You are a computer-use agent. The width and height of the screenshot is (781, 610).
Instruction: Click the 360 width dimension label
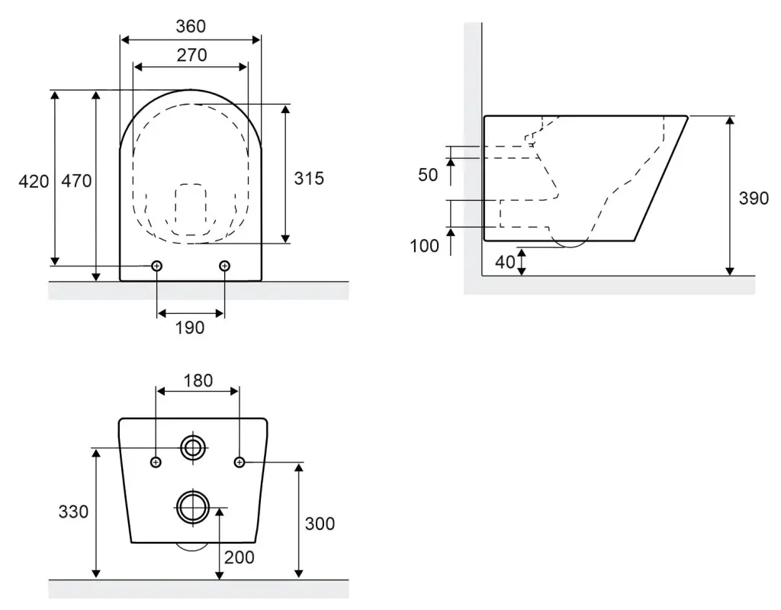(x=191, y=27)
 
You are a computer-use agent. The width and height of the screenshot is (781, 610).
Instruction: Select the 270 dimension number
(x=191, y=56)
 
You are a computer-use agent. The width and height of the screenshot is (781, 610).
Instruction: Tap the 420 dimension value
(x=34, y=182)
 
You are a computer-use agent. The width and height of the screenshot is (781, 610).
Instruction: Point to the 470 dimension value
(x=77, y=180)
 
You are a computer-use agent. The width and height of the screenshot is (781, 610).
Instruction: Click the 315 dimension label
(x=309, y=179)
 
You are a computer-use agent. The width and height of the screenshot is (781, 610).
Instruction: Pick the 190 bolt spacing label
(x=190, y=328)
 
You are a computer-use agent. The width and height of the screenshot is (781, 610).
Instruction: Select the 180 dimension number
(x=198, y=381)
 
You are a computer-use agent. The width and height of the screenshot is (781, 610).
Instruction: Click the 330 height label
(x=74, y=512)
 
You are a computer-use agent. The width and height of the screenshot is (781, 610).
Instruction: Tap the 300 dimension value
(x=320, y=524)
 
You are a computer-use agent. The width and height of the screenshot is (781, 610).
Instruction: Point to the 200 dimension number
(x=239, y=557)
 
